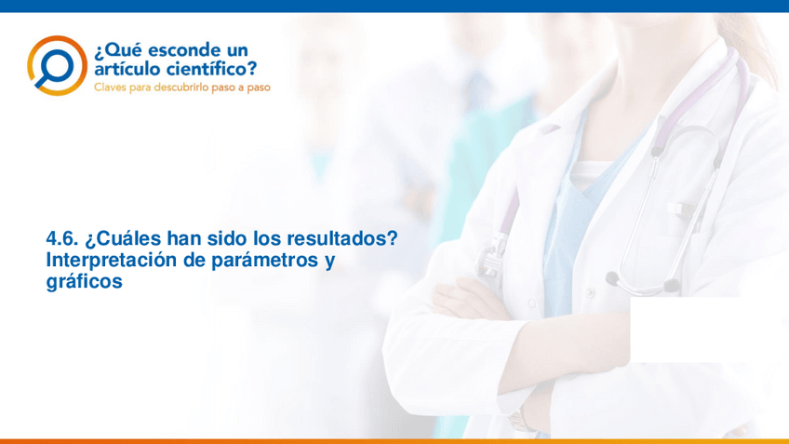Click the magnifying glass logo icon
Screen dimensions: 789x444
click(57, 65)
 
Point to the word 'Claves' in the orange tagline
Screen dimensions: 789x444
click(110, 87)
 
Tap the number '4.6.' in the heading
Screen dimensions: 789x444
click(62, 238)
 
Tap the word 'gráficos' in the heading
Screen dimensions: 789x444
click(85, 282)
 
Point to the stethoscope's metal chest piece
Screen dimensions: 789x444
click(490, 260)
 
